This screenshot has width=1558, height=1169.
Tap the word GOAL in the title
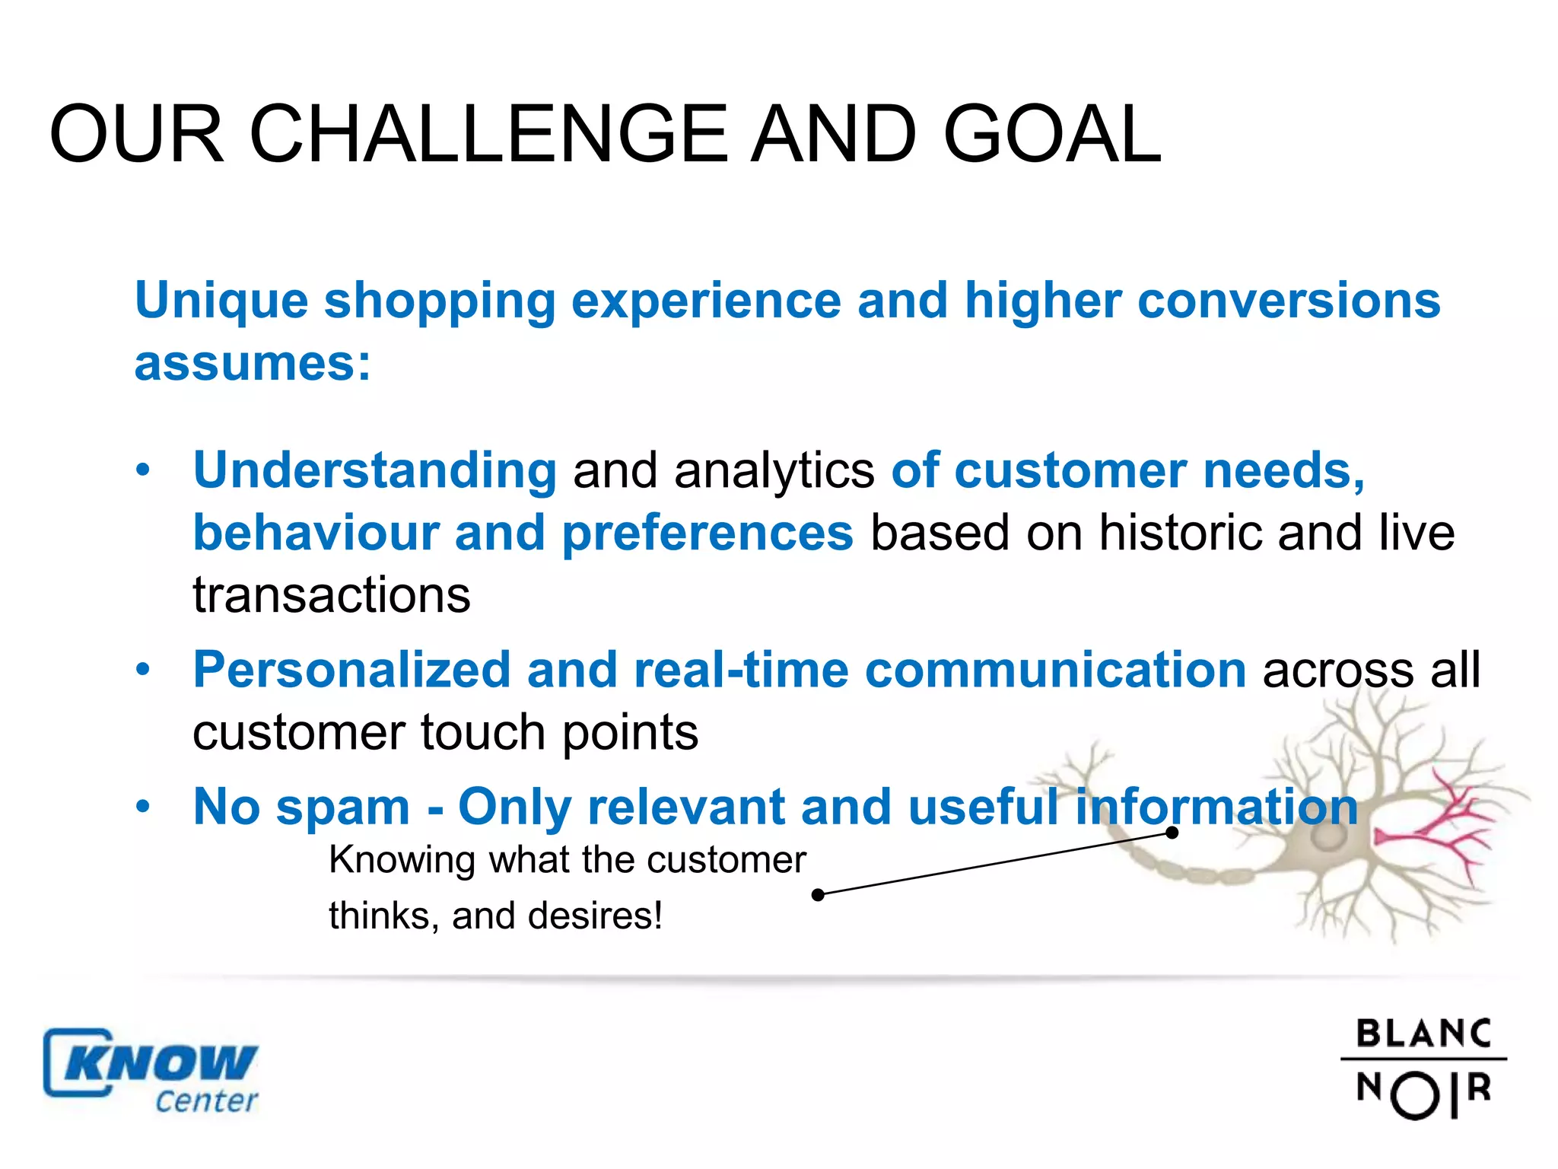click(x=1052, y=135)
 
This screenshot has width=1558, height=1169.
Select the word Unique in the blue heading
click(x=221, y=301)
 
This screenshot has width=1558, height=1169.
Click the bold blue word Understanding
click(x=375, y=470)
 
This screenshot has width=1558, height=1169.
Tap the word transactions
click(x=332, y=594)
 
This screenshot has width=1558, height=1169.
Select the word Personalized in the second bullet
click(x=351, y=670)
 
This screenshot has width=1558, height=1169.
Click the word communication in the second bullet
click(x=1055, y=670)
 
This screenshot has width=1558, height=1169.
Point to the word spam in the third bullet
click(x=343, y=807)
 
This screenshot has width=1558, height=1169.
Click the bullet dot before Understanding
click(x=143, y=470)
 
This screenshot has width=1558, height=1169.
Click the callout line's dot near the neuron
click(x=1172, y=833)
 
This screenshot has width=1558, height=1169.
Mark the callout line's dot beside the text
click(x=818, y=895)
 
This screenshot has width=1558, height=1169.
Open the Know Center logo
click(x=151, y=1072)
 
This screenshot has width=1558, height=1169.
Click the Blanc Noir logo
click(x=1423, y=1069)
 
